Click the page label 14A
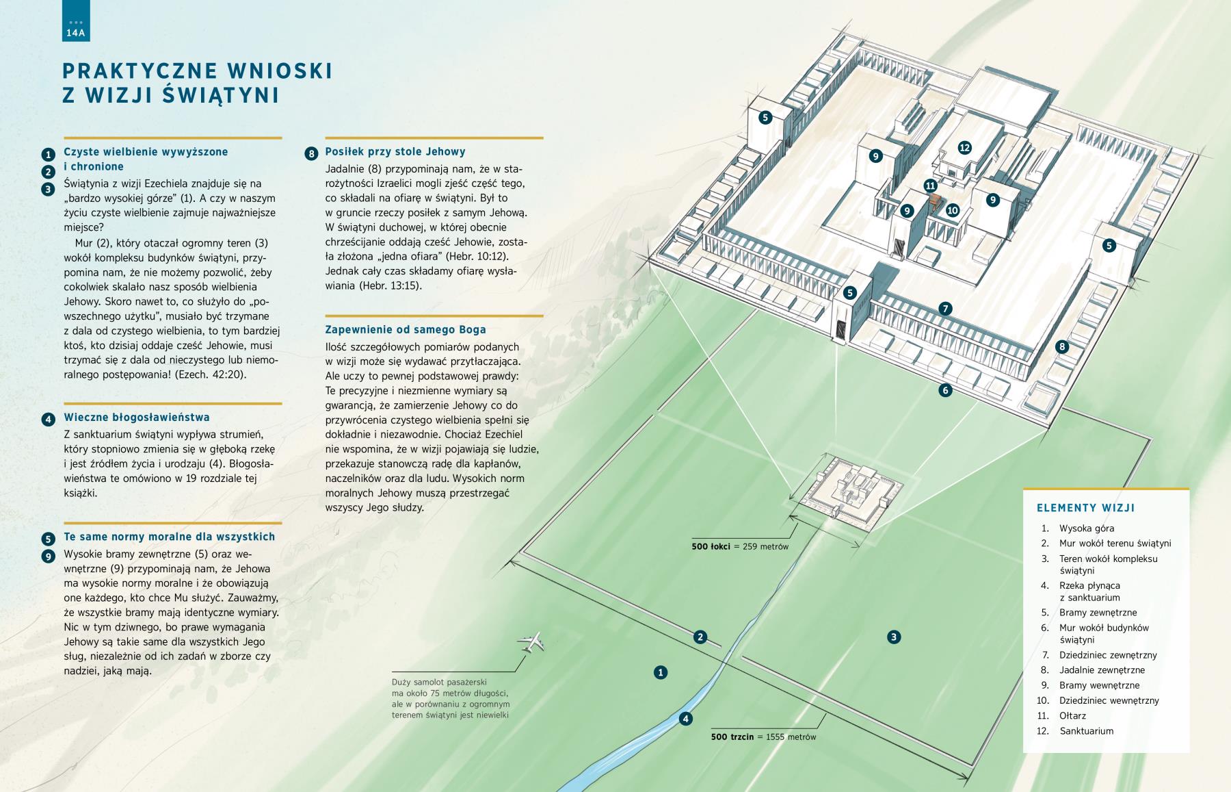coord(75,32)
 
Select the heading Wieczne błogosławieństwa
coord(136,418)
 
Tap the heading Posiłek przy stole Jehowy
coord(395,152)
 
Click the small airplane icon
coord(531,641)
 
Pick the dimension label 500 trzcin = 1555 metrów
coord(763,737)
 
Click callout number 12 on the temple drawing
coord(964,147)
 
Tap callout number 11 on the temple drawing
coord(930,185)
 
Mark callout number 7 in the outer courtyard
coord(945,309)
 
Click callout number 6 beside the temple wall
coord(945,390)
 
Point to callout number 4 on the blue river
coord(685,719)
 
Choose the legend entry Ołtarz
coord(1072,715)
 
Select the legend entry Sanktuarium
coord(1086,730)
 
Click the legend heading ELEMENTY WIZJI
coord(1085,508)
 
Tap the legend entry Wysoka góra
coord(1086,528)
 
